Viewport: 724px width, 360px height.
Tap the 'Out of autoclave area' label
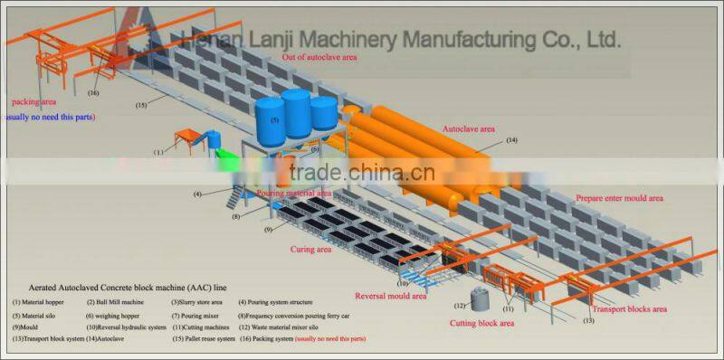point(319,57)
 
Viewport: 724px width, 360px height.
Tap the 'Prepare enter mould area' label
point(619,198)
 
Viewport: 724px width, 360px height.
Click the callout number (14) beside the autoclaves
point(512,140)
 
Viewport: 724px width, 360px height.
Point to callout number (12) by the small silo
point(458,306)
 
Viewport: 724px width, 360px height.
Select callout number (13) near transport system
point(588,320)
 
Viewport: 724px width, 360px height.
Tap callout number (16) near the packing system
point(93,92)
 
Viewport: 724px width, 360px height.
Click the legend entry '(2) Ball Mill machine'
point(116,301)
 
